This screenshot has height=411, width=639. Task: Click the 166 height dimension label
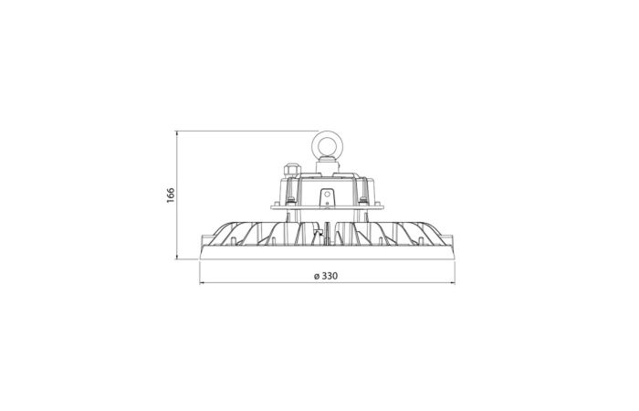pos(171,195)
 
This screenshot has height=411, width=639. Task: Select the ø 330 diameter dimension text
pos(326,276)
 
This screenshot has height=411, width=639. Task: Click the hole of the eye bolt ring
pos(327,145)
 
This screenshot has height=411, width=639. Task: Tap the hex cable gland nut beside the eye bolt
pos(289,168)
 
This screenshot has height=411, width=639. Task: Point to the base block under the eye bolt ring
pos(327,164)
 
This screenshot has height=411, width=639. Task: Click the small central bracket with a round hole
pos(327,198)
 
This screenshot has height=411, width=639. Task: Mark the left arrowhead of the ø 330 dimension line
pos(202,281)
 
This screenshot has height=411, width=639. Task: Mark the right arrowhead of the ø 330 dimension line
pos(453,281)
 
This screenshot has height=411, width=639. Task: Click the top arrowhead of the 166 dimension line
pos(177,133)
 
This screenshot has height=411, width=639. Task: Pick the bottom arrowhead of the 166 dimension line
pos(177,256)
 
